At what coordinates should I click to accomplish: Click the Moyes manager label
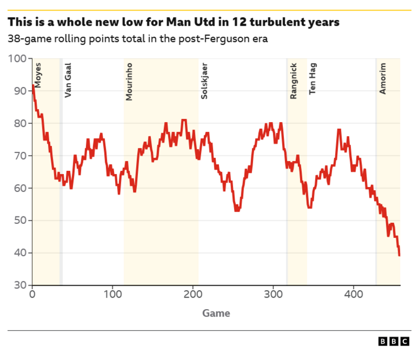[x=38, y=75]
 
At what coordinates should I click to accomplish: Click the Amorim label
[x=383, y=79]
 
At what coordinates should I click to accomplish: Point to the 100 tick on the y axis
[x=19, y=59]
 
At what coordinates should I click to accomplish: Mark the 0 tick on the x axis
[x=32, y=295]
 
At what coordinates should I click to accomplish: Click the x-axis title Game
[x=216, y=313]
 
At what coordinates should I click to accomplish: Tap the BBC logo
[x=394, y=341]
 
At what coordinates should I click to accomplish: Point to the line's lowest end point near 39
[x=400, y=255]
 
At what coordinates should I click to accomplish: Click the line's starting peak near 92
[x=33, y=85]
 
